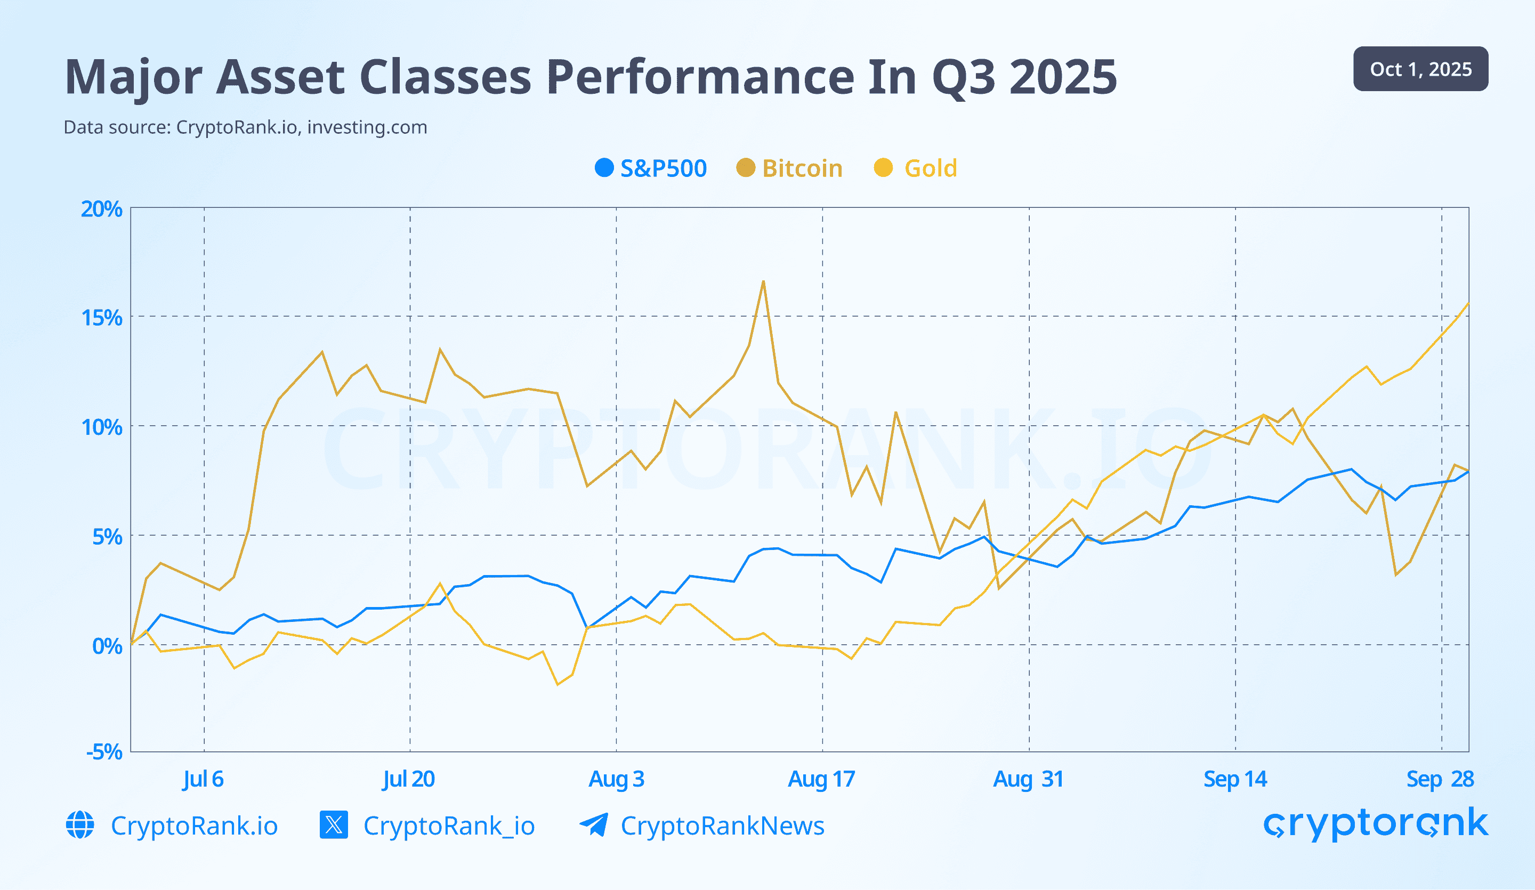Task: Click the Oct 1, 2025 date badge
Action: point(1420,69)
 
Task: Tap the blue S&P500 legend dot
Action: point(604,167)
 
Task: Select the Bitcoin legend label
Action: point(802,168)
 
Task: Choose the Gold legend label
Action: point(930,168)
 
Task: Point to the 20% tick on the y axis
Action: point(102,209)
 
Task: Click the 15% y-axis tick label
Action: point(102,318)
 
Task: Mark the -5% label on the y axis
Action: point(104,752)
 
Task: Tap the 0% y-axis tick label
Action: point(107,646)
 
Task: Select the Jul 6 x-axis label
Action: point(203,779)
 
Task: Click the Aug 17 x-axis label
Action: point(821,779)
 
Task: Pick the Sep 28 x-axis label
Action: point(1440,779)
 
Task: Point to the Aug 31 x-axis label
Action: point(1028,779)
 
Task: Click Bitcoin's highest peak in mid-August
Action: point(763,281)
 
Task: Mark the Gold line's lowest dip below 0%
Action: point(558,685)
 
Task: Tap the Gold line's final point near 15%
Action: point(1468,303)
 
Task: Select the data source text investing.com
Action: point(367,127)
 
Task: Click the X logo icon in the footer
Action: point(334,825)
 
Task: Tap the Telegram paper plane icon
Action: point(593,825)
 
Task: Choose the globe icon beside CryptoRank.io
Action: point(80,825)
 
